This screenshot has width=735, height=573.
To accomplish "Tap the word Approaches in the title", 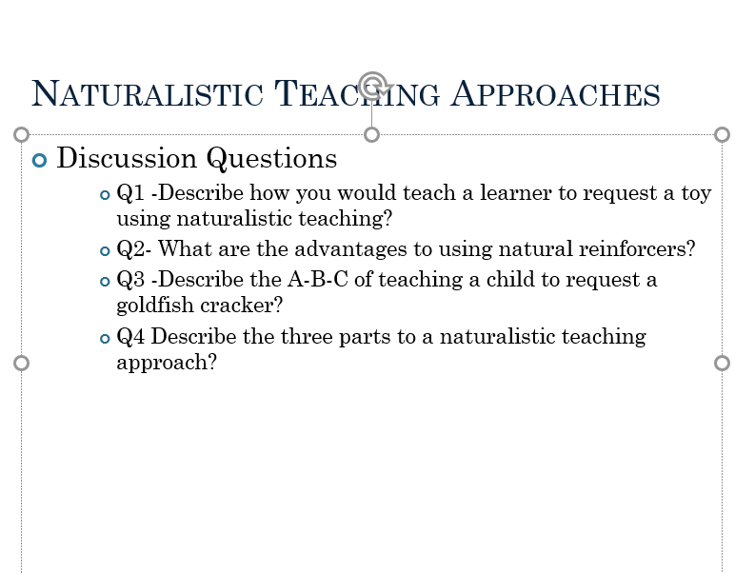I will [x=555, y=94].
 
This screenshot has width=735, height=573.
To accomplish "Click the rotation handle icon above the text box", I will [x=372, y=85].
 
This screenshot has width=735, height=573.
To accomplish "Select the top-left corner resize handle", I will [x=21, y=134].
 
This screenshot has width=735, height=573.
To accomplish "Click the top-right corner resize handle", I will [x=722, y=134].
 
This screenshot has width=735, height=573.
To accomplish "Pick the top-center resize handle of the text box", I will [x=372, y=134].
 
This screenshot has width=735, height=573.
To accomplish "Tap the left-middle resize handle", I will [x=21, y=363].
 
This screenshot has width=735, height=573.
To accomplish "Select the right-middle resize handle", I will [x=722, y=363].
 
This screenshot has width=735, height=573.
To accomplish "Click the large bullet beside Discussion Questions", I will [x=39, y=159].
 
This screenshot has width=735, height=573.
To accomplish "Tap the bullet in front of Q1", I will [x=105, y=195].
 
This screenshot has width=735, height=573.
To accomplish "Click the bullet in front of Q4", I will [x=105, y=338].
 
